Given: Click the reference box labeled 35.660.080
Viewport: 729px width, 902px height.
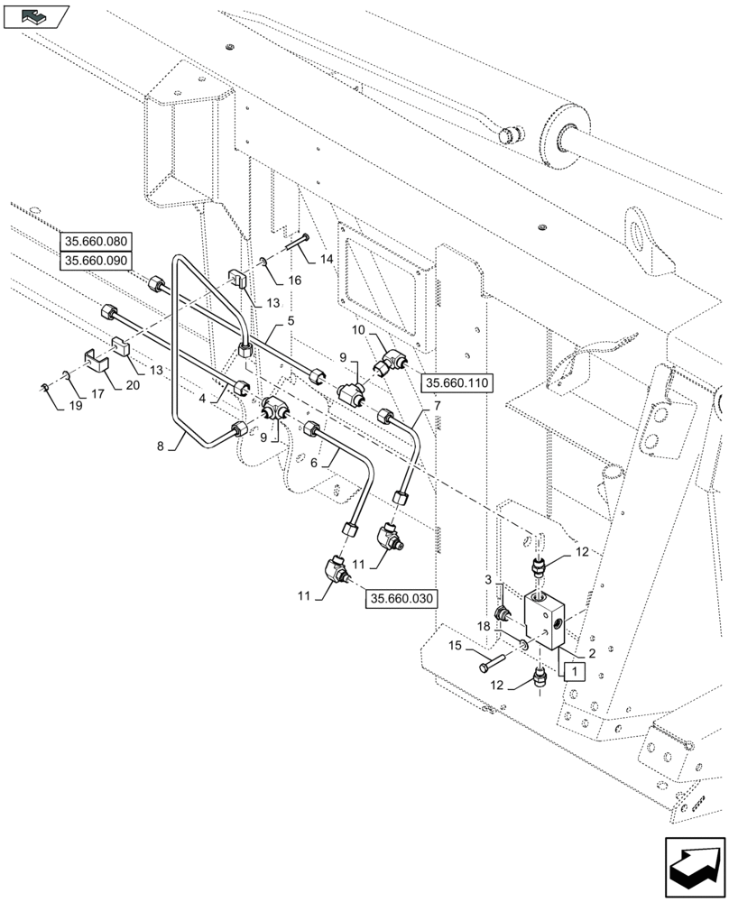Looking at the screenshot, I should pyautogui.click(x=97, y=242).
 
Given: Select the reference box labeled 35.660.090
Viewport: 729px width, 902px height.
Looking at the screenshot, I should pyautogui.click(x=97, y=262).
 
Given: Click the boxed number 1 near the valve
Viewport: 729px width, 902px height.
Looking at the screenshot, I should pyautogui.click(x=571, y=670).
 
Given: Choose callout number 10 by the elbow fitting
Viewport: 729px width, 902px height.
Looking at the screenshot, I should pyautogui.click(x=358, y=331).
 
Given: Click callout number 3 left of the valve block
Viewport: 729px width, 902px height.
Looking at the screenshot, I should pyautogui.click(x=488, y=579).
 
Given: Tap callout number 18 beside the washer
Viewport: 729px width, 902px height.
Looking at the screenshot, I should pyautogui.click(x=484, y=626).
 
